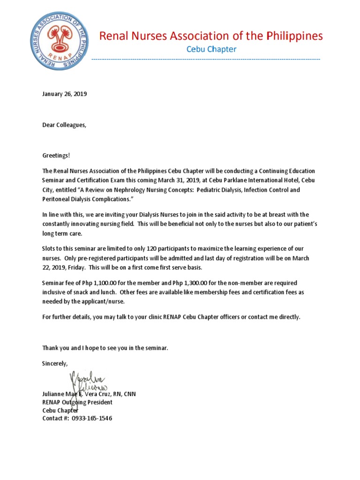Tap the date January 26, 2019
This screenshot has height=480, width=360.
pyautogui.click(x=65, y=94)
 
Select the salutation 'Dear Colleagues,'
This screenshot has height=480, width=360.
pyautogui.click(x=65, y=125)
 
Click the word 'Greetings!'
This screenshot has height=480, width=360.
pyautogui.click(x=56, y=156)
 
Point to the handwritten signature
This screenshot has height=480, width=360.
pyautogui.click(x=89, y=382)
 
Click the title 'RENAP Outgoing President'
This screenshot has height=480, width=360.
pyautogui.click(x=77, y=402)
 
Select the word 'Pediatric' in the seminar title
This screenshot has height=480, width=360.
pyautogui.click(x=210, y=190)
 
